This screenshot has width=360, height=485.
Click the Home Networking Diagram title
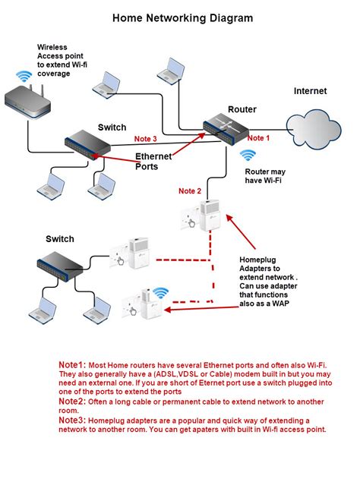pyautogui.click(x=182, y=18)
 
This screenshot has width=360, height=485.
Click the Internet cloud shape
pyautogui.click(x=313, y=129)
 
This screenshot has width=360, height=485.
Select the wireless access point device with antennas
pyautogui.click(x=27, y=101)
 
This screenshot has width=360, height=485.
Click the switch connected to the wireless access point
pyautogui.click(x=87, y=144)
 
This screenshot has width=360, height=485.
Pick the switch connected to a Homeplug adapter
pyautogui.click(x=60, y=266)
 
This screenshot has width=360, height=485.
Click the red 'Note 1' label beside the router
pyautogui.click(x=258, y=138)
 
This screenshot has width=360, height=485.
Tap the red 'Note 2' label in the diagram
pyautogui.click(x=190, y=191)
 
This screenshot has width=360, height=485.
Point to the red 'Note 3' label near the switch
pyautogui.click(x=146, y=139)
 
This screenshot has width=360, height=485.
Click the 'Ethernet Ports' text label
pyautogui.click(x=153, y=162)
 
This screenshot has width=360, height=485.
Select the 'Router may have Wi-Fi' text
pyautogui.click(x=265, y=175)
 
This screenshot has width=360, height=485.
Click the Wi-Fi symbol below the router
pyautogui.click(x=248, y=156)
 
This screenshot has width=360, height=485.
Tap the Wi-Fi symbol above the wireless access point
pyautogui.click(x=24, y=77)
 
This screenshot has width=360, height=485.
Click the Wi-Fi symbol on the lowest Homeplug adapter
pyautogui.click(x=161, y=293)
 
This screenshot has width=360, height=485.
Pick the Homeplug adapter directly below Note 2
pyautogui.click(x=201, y=216)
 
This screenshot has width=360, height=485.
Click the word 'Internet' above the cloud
pyautogui.click(x=310, y=91)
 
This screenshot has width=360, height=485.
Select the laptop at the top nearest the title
pyautogui.click(x=171, y=71)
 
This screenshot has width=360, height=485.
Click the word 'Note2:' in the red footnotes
pyautogui.click(x=72, y=402)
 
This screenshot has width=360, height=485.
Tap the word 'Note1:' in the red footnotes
pyautogui.click(x=72, y=364)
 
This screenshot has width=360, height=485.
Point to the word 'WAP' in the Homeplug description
pyautogui.click(x=280, y=304)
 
